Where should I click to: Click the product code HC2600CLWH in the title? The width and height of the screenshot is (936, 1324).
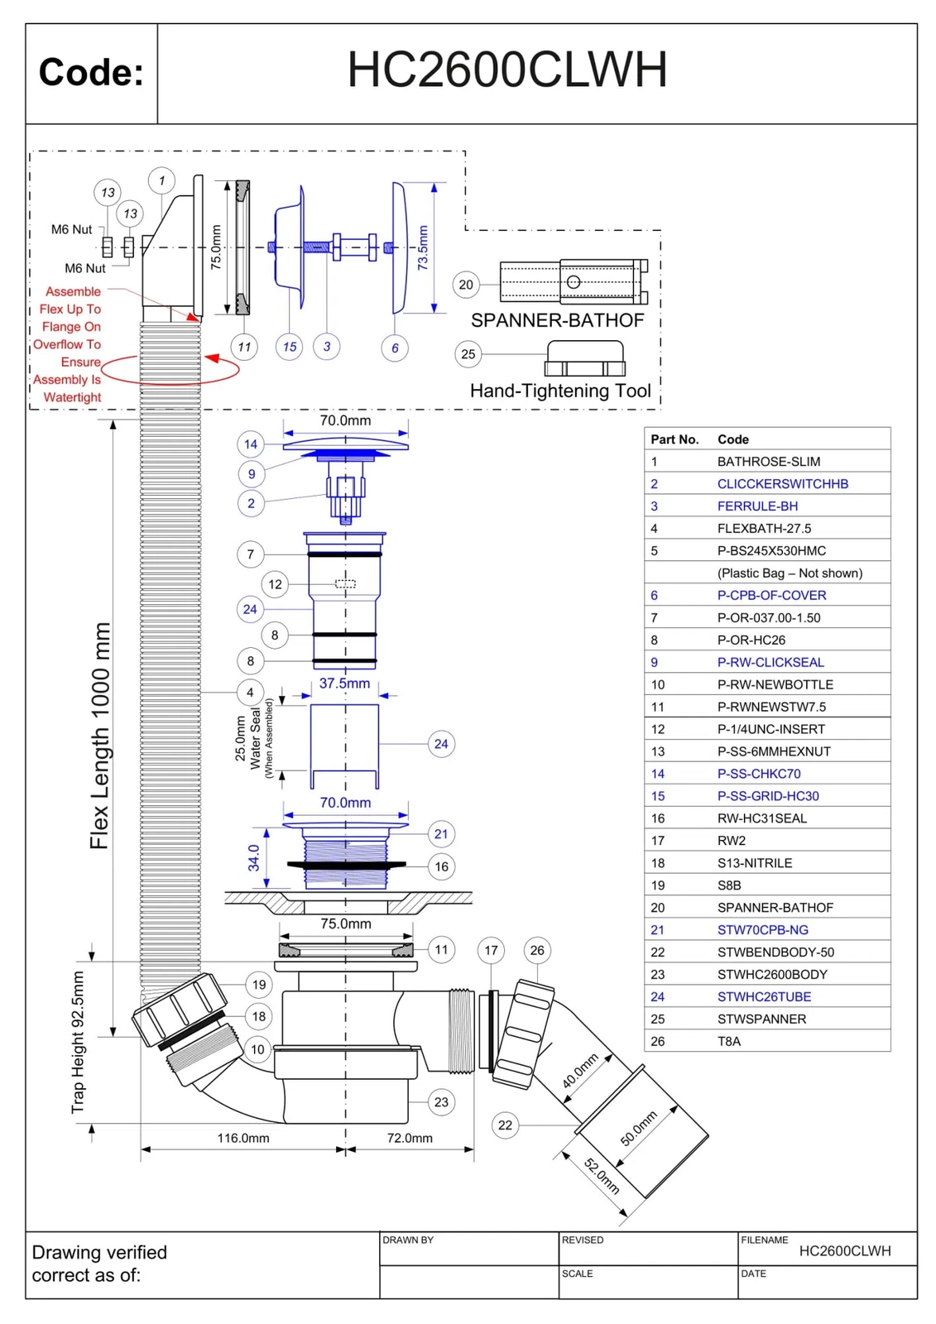[x=506, y=70]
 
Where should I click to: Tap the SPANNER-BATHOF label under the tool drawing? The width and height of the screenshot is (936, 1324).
[x=557, y=320]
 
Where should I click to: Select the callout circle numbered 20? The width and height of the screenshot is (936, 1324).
[x=466, y=285]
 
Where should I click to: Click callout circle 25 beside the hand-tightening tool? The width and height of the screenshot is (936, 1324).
[x=468, y=354]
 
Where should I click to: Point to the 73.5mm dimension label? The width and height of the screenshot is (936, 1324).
[x=423, y=247]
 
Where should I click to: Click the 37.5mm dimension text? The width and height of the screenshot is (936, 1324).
[x=344, y=684]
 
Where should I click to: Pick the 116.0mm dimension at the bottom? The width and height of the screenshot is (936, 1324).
[x=243, y=1138]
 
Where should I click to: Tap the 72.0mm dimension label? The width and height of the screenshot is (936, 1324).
[x=410, y=1138]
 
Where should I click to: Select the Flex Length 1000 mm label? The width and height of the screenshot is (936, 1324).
[x=99, y=736]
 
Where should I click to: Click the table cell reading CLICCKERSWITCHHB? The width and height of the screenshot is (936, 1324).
[x=782, y=484]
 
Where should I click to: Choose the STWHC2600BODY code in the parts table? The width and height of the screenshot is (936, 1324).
[x=771, y=975]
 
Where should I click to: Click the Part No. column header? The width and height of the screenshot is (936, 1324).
[x=674, y=439]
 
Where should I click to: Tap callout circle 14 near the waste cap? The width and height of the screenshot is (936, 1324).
[x=251, y=444]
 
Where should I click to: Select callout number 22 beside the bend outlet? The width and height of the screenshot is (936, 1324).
[x=505, y=1125]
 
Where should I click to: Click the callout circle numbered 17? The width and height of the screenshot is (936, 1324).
[x=491, y=950]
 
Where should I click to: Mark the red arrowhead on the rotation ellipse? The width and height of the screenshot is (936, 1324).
[x=212, y=358]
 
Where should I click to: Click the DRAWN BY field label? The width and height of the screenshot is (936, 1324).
[x=407, y=1240]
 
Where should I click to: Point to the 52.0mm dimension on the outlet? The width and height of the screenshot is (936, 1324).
[x=602, y=1176]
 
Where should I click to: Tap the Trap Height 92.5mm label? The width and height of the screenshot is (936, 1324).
[x=78, y=1042]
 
